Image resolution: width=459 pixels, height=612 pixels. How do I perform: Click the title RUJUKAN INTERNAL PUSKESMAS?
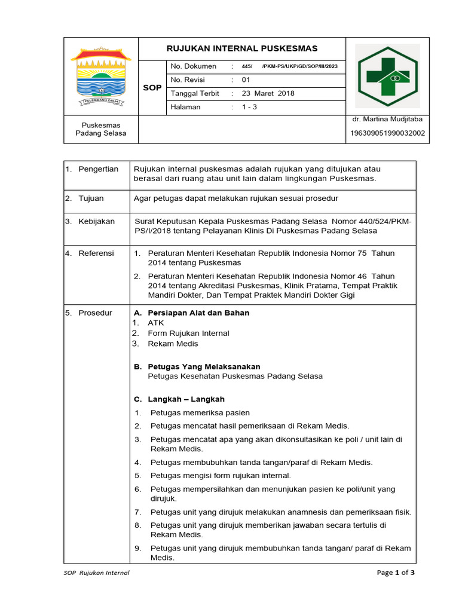click(x=241, y=48)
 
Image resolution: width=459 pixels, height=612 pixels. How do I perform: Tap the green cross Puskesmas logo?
click(x=388, y=76)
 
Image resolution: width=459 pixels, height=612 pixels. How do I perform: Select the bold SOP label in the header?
click(x=152, y=87)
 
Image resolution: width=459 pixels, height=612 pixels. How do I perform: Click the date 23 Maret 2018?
click(x=268, y=93)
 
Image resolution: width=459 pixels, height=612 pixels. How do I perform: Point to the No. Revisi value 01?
click(x=246, y=79)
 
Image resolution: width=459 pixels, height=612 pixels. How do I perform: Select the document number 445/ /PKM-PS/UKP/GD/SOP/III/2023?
click(x=289, y=66)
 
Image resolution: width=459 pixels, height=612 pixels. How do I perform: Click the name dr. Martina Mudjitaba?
click(x=388, y=120)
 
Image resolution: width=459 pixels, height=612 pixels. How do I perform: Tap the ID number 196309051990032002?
click(x=387, y=133)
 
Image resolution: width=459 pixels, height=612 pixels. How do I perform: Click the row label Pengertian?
click(x=98, y=169)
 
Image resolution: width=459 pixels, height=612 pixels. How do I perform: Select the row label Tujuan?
click(x=91, y=198)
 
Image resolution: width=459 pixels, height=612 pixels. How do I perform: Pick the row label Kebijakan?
click(x=96, y=221)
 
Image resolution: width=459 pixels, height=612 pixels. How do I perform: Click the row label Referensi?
click(x=96, y=253)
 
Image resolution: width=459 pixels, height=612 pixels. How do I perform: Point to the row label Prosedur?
click(x=95, y=313)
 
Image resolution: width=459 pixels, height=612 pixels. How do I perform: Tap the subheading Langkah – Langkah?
click(x=186, y=399)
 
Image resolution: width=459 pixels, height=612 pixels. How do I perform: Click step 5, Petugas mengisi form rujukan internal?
click(x=221, y=476)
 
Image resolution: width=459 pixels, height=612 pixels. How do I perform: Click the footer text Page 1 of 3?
click(x=395, y=573)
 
